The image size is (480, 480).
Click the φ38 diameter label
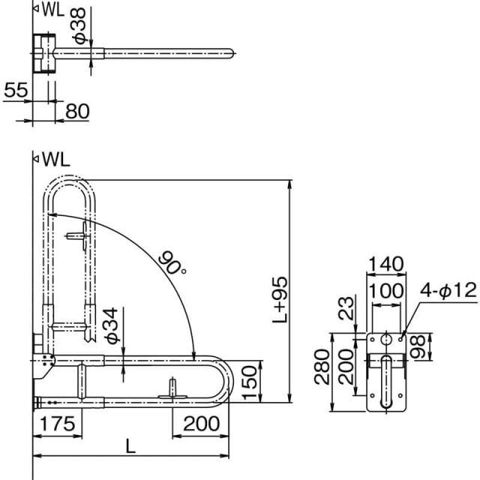pyautogui.click(x=79, y=26)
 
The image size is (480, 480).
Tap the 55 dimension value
pyautogui.click(x=16, y=90)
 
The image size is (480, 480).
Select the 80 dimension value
pyautogui.click(x=77, y=111)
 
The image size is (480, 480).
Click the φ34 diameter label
pyautogui.click(x=111, y=325)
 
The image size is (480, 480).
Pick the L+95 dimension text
pyautogui.click(x=280, y=300)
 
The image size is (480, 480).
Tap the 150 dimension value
pyautogui.click(x=250, y=382)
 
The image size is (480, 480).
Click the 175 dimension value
pyautogui.click(x=58, y=424)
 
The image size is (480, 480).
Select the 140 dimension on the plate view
pyautogui.click(x=385, y=263)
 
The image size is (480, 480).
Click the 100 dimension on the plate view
pyautogui.click(x=385, y=290)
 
